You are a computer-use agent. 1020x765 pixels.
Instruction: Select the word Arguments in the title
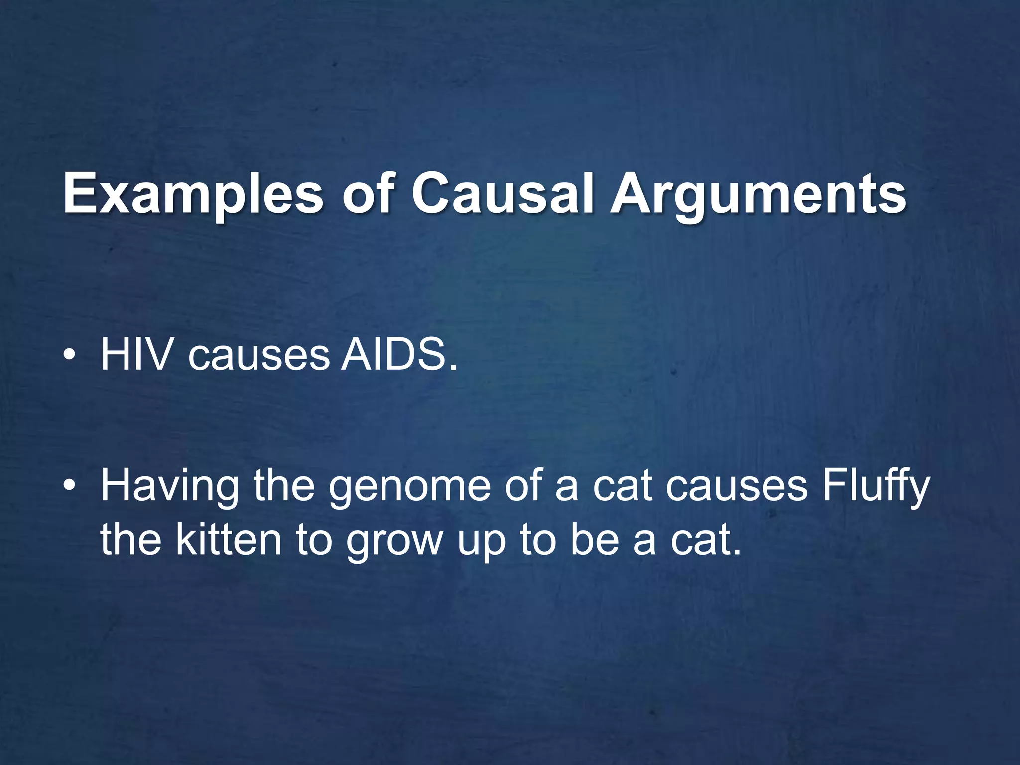[x=759, y=194]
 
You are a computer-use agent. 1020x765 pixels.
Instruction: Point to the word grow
[x=394, y=542]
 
